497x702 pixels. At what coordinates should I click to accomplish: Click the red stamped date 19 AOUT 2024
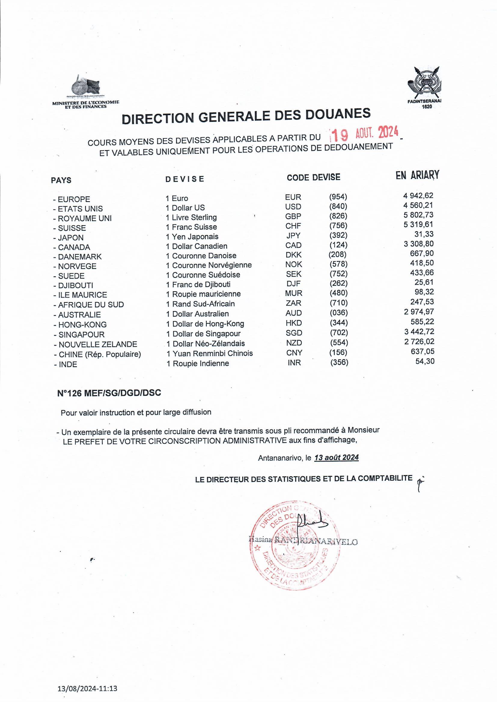tap(364, 133)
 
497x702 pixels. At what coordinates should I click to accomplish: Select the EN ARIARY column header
tap(417, 175)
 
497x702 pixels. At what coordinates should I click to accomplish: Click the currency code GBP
tap(293, 216)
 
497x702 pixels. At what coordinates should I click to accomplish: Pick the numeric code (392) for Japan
tap(338, 235)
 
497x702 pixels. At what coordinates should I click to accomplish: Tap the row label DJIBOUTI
tap(76, 285)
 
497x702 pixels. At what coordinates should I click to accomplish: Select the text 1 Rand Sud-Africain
tap(200, 304)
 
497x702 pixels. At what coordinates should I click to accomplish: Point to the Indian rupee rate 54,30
tap(425, 362)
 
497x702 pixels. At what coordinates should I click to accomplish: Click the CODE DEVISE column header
tap(313, 177)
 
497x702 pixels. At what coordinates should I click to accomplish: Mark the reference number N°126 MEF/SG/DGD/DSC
tap(109, 393)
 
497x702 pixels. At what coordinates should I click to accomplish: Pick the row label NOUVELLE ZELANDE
tap(98, 344)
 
